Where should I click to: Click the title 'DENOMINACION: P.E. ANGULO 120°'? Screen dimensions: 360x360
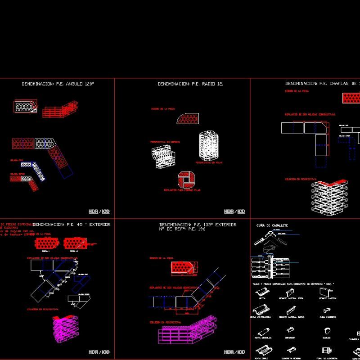(61, 84)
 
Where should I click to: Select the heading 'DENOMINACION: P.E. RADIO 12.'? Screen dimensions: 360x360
(190, 84)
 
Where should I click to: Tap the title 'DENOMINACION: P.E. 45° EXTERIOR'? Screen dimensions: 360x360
(72, 224)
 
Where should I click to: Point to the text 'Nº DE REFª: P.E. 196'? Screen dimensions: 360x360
(182, 229)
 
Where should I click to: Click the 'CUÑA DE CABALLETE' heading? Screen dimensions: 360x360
(272, 225)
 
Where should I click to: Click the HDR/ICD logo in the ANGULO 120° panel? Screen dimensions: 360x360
(99, 211)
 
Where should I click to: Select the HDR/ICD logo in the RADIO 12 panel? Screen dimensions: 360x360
(234, 211)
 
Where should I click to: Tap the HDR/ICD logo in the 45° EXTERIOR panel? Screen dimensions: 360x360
(99, 352)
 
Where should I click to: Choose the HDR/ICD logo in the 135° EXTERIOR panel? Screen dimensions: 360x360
(234, 352)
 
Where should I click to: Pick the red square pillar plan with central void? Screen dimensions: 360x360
(186, 180)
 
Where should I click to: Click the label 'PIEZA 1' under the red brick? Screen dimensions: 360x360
(45, 251)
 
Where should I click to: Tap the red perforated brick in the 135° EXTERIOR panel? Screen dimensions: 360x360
(184, 267)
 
